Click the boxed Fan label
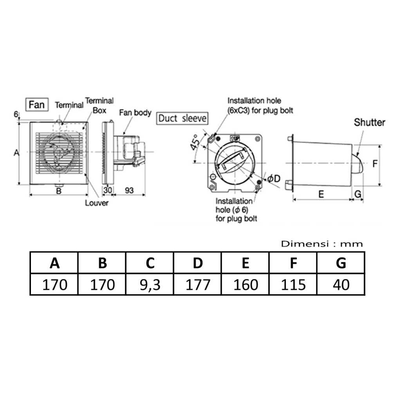(36, 105)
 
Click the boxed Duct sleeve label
(182, 118)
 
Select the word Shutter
(369, 122)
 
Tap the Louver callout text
(97, 203)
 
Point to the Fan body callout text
(135, 113)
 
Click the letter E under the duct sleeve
(321, 194)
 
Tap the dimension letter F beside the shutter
(374, 164)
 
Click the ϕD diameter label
(274, 179)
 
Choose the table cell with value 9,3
(150, 284)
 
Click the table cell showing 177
(198, 284)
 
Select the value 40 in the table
(341, 284)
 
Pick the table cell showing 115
(293, 284)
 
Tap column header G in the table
(341, 263)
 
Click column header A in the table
(55, 263)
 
